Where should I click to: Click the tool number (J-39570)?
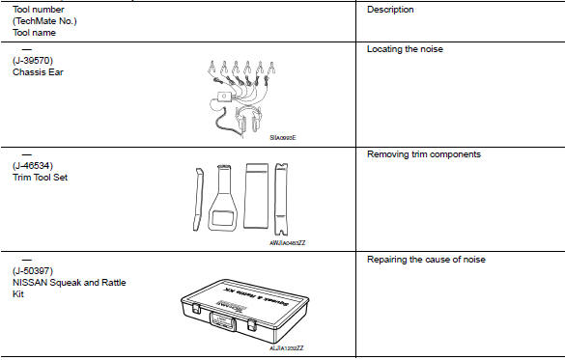point(34,60)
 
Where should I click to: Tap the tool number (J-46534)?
point(34,166)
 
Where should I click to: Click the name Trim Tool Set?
point(42,177)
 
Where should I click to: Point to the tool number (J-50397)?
point(34,271)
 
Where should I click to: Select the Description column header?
point(390,10)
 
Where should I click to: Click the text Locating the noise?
point(407,48)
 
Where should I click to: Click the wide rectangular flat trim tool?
point(257,194)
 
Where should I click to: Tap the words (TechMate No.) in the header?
point(44,20)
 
